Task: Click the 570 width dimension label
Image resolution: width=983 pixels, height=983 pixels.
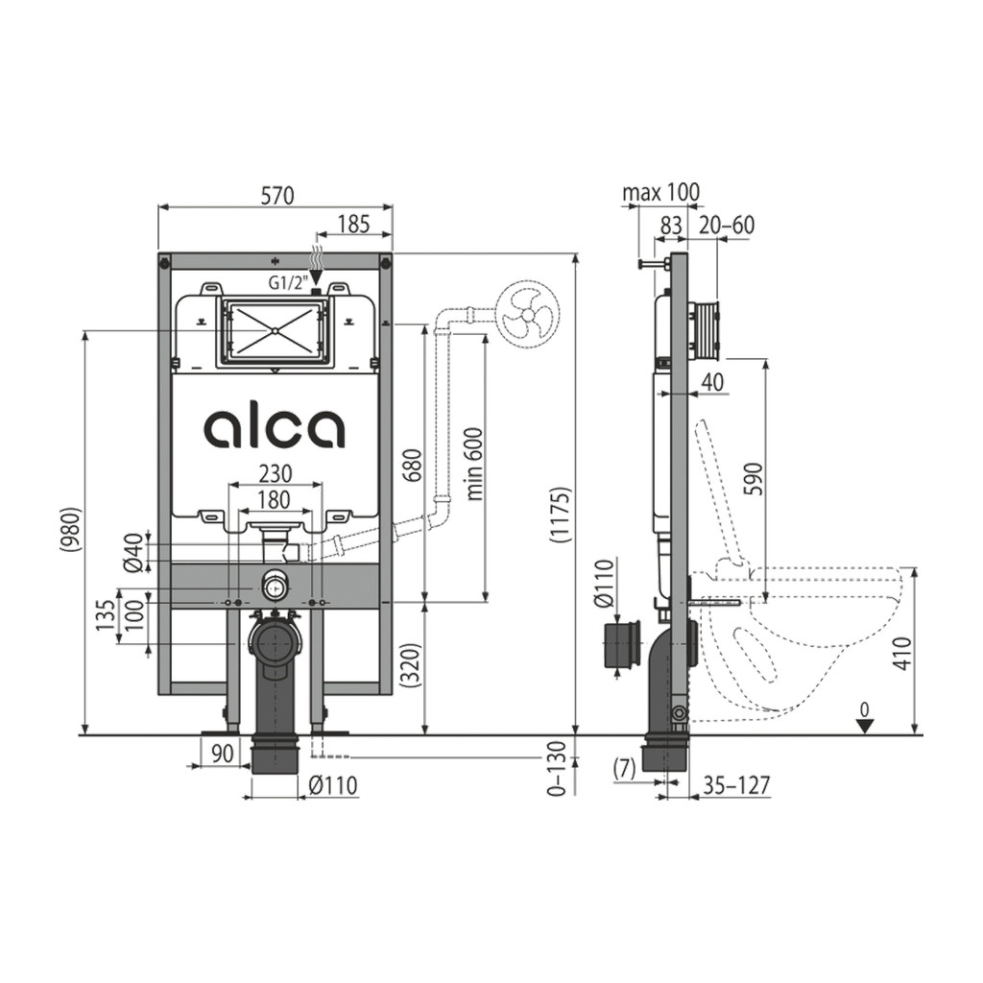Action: click(277, 196)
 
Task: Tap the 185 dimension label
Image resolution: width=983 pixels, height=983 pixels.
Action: click(354, 224)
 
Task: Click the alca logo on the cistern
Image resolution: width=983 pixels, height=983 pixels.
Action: click(274, 429)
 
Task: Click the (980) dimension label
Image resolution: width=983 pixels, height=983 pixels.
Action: click(71, 530)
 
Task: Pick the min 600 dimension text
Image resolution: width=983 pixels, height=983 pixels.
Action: click(475, 464)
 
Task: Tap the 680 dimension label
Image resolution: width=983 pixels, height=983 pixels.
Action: click(413, 464)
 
